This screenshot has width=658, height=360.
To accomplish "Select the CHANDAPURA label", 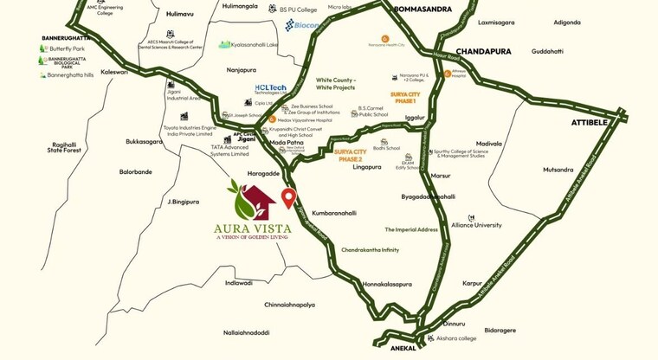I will (x=483, y=51).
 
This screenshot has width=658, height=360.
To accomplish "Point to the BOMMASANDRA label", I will (x=423, y=9).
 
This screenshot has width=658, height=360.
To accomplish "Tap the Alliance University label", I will (x=476, y=225).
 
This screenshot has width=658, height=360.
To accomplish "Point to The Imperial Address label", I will (x=410, y=229).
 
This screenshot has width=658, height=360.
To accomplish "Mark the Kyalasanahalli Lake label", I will (x=248, y=44).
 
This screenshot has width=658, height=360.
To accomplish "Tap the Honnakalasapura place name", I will (x=386, y=284).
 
